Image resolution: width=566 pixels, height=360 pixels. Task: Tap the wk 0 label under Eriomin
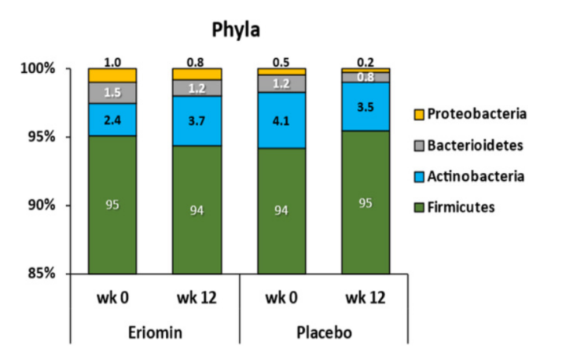tap(112, 296)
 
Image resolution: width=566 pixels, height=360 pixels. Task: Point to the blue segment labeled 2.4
tap(112, 119)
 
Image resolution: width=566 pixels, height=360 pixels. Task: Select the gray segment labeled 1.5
tap(112, 93)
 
